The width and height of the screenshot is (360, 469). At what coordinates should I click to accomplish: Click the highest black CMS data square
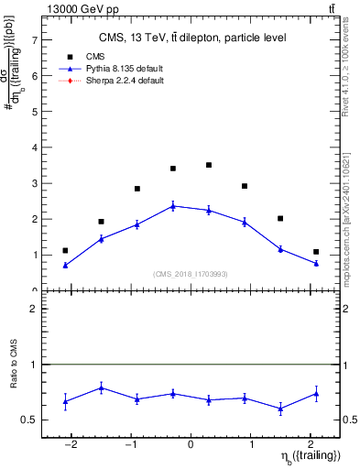[209, 165]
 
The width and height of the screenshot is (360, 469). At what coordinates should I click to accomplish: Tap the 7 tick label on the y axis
[34, 40]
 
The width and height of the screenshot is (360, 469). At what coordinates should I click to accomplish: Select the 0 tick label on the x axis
[191, 445]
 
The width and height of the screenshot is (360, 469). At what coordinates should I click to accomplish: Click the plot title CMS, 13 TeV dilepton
[191, 38]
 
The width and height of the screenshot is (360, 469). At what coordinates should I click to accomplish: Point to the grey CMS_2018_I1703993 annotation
[191, 274]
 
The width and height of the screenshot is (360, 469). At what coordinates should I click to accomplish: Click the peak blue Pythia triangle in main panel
[173, 206]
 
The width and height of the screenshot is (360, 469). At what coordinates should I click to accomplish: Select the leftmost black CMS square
[65, 250]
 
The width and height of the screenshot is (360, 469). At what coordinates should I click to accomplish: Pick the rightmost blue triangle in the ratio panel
[316, 394]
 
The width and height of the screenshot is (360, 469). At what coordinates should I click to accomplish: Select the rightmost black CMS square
[316, 252]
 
